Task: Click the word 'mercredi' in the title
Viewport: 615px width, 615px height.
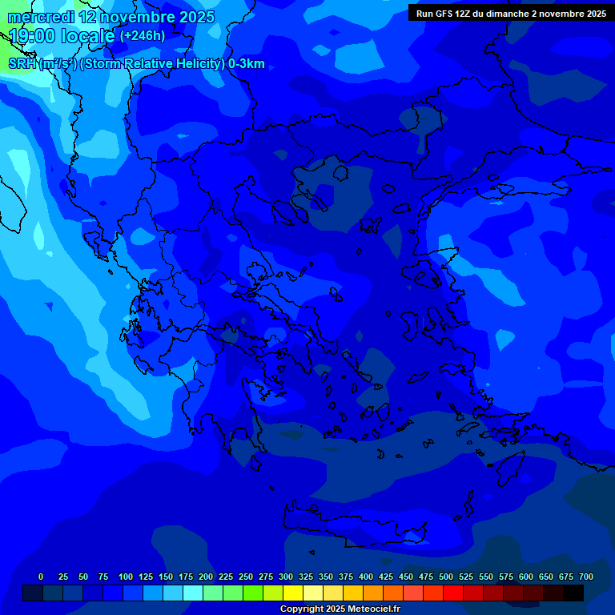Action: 42,17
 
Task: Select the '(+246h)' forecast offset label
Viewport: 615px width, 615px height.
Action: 143,36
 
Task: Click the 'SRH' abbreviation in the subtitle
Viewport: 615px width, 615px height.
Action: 22,64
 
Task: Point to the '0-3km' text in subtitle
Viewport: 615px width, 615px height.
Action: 246,64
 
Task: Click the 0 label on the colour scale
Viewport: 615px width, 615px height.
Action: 41,577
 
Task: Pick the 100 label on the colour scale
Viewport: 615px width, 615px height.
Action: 126,577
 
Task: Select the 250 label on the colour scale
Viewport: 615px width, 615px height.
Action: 246,577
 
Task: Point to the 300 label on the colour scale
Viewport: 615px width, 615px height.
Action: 286,577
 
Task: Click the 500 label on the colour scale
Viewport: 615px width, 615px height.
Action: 446,577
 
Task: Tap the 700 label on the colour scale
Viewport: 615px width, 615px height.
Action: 586,577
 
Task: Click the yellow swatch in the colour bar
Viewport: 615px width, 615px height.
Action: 293,593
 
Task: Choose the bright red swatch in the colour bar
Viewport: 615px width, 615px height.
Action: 453,593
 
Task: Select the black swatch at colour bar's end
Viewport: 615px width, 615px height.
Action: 573,593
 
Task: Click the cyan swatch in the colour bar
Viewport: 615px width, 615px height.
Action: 193,593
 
